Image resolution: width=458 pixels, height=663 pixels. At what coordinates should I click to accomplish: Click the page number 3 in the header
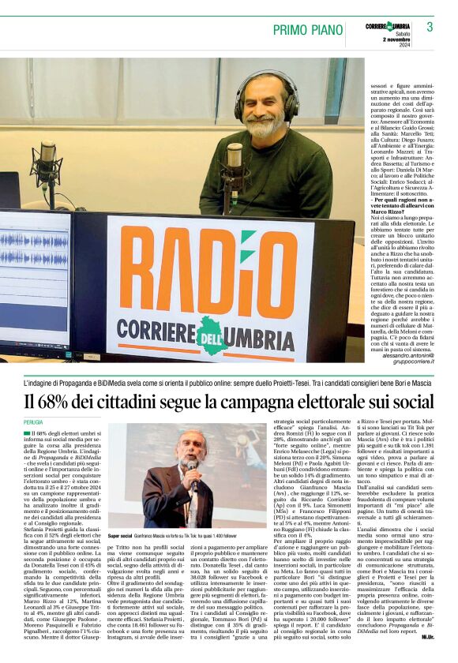tap(430, 27)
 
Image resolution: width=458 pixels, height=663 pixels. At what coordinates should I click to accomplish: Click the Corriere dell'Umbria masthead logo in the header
tap(387, 26)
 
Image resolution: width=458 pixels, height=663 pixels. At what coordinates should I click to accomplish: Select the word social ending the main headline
tap(411, 401)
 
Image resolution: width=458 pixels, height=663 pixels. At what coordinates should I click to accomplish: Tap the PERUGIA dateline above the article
tap(34, 422)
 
